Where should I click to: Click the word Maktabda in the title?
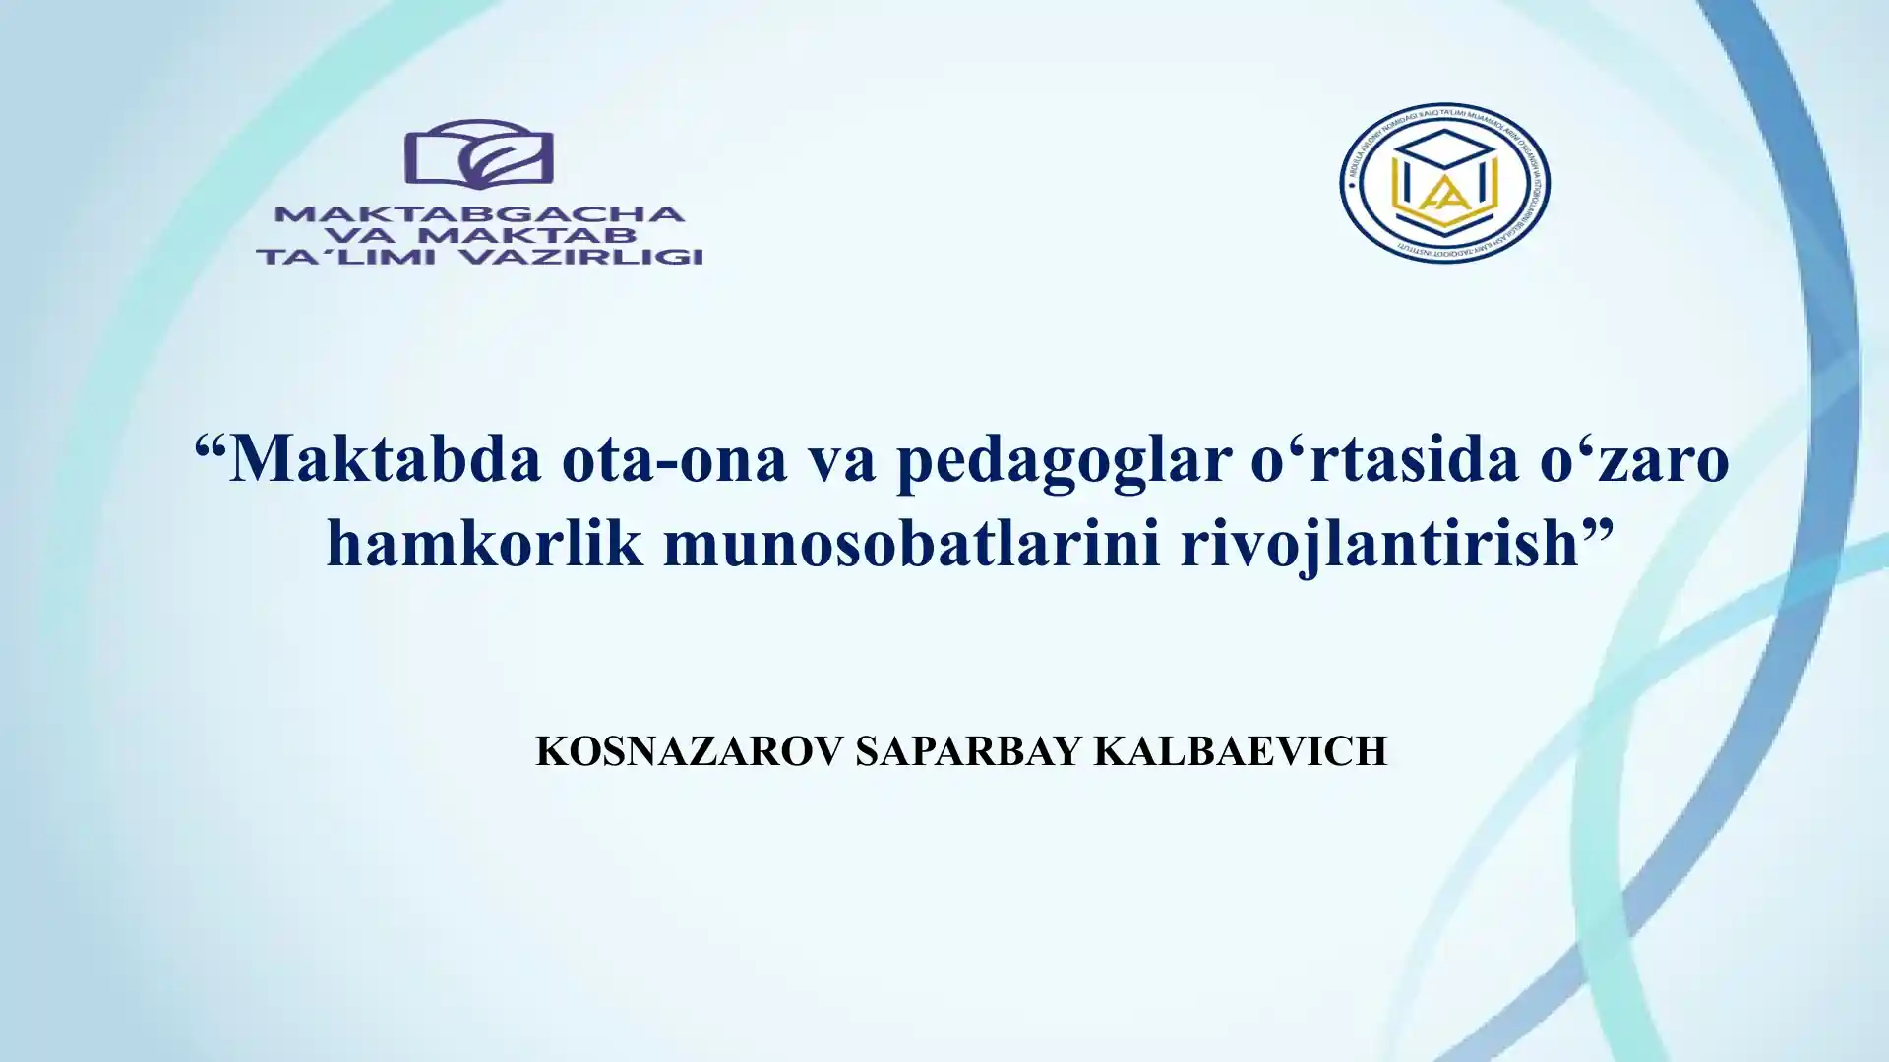385,458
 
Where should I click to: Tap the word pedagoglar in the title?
1065,460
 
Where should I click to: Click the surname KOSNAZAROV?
690,751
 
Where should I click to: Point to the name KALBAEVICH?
1241,751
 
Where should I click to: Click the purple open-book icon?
479,154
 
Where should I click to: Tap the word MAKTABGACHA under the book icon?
479,214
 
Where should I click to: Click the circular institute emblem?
1443,183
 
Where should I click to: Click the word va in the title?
842,460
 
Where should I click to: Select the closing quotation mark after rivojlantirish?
1599,531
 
